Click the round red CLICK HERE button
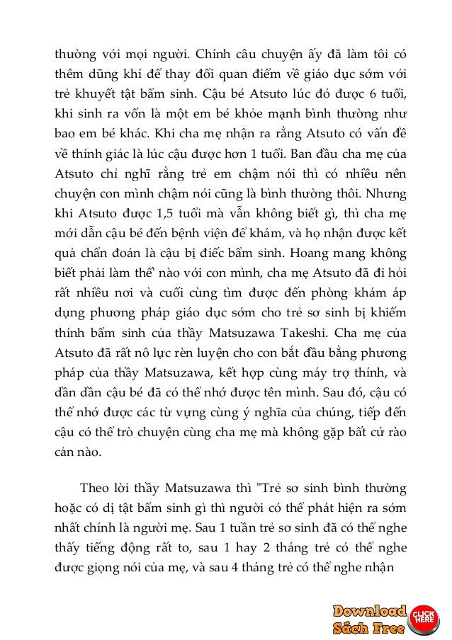coord(424,616)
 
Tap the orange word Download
coord(369,610)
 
